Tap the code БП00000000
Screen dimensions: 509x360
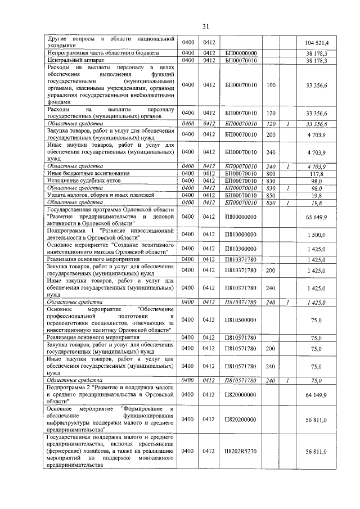[x=241, y=52]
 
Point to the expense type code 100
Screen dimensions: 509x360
[x=271, y=84]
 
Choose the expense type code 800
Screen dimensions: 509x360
[x=271, y=174]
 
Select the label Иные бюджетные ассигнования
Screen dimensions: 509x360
[x=88, y=174]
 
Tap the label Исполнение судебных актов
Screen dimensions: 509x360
[x=85, y=181]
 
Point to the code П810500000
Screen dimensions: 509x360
[x=241, y=320]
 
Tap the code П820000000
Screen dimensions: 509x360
[x=241, y=396]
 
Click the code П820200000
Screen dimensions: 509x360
[x=241, y=419]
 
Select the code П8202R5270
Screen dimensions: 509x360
[x=241, y=451]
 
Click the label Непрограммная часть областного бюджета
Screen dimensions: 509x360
[x=102, y=52]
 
